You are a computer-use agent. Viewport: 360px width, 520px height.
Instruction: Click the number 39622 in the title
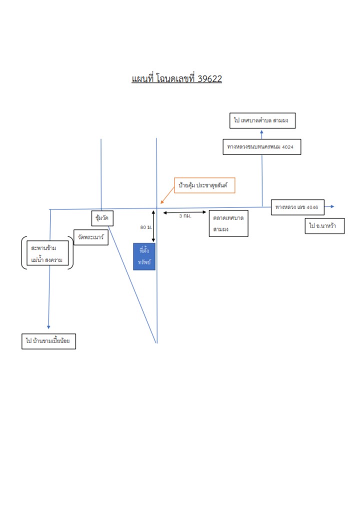click(x=209, y=79)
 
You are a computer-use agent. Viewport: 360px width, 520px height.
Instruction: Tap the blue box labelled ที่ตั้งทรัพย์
click(x=144, y=256)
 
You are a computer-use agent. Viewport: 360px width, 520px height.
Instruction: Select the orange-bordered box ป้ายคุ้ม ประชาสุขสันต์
click(x=204, y=185)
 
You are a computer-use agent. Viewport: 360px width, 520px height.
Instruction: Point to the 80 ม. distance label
click(x=146, y=227)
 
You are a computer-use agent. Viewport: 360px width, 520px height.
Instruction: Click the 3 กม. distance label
click(x=185, y=216)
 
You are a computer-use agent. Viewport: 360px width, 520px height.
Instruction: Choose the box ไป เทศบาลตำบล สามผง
click(x=262, y=120)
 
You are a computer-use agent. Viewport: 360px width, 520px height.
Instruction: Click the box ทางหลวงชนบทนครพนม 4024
click(x=262, y=147)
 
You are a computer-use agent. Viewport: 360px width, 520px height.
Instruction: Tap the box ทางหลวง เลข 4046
click(x=297, y=207)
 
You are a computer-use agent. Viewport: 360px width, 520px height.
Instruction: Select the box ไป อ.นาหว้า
click(x=324, y=226)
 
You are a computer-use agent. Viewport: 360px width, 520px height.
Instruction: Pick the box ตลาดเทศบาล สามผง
click(x=228, y=223)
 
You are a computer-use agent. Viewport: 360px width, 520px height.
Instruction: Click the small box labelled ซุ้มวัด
click(x=102, y=218)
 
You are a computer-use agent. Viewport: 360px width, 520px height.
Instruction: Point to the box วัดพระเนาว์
click(x=91, y=237)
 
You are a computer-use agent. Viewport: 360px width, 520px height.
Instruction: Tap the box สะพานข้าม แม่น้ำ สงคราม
click(x=47, y=253)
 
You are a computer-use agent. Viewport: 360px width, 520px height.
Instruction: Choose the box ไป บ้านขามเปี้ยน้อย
click(x=48, y=341)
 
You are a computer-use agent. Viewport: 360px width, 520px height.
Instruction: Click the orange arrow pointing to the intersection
click(x=167, y=195)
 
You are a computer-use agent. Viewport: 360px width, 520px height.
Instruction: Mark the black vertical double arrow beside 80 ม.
click(x=153, y=226)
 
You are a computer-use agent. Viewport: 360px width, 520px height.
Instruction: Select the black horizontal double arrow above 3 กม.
click(x=184, y=212)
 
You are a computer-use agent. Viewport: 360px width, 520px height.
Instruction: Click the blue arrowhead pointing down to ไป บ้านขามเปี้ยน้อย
click(x=48, y=327)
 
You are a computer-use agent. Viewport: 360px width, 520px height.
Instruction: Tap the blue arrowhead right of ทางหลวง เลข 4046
click(x=332, y=206)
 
